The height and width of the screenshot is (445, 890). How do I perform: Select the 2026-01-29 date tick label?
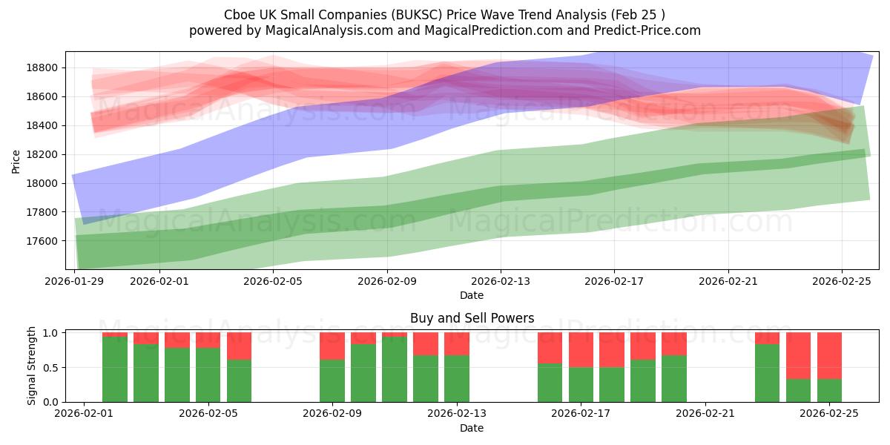pos(75,281)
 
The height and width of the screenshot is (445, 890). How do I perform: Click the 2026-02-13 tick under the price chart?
pos(501,281)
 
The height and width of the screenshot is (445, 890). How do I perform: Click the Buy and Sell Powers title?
pos(472,318)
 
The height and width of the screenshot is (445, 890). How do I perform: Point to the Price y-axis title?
pos(16,160)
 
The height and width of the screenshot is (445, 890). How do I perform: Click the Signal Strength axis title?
pos(31,366)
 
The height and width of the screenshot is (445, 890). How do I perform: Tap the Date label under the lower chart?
pos(472,428)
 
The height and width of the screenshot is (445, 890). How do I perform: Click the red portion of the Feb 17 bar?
pos(581,349)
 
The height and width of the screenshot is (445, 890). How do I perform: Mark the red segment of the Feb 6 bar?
pos(239,346)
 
